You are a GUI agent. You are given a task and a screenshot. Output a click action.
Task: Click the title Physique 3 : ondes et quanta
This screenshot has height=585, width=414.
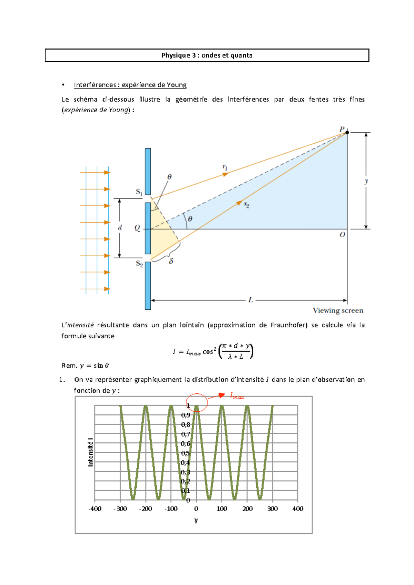tap(207, 55)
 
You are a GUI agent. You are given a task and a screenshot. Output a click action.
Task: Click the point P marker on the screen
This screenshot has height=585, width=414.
tap(347, 132)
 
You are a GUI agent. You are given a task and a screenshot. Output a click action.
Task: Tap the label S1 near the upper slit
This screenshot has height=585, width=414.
tap(139, 192)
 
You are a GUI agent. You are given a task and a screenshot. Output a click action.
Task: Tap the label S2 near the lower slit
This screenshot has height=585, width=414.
tap(139, 264)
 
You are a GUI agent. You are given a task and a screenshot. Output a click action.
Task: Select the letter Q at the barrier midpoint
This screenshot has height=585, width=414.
tap(137, 228)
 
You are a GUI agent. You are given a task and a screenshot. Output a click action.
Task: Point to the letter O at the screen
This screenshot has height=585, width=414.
tap(342, 235)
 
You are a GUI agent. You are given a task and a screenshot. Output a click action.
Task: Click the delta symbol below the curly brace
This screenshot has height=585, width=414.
tap(171, 261)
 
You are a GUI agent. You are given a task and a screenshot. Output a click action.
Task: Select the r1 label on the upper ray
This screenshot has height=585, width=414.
tap(225, 167)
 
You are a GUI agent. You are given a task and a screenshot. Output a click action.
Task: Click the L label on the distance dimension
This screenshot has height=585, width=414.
tap(250, 300)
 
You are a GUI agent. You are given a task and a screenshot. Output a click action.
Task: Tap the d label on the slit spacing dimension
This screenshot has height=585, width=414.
tap(120, 227)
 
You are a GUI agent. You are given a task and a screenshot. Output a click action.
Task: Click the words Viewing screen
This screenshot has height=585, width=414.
tap(338, 310)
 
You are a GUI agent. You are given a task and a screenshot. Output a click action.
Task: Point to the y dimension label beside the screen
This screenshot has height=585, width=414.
tap(366, 181)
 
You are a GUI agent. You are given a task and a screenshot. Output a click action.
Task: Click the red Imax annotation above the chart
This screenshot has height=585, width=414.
tap(237, 396)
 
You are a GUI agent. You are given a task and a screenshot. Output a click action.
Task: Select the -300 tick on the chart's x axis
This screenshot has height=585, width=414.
tap(120, 509)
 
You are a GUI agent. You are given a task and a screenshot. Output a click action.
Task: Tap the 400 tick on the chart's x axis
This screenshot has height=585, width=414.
tap(298, 509)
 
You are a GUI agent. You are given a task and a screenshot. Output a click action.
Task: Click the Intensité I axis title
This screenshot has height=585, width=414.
tap(91, 452)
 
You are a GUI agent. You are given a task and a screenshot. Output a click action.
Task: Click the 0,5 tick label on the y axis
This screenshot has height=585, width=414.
tap(186, 453)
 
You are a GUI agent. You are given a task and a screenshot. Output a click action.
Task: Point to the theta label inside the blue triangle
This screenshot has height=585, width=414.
tap(190, 219)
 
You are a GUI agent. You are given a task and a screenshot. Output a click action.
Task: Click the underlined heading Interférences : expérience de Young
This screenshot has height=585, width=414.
tap(130, 85)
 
